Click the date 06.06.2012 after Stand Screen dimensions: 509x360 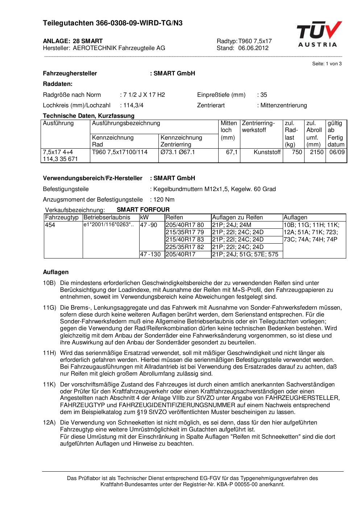tap(253, 48)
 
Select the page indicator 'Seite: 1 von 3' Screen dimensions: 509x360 tap(327, 64)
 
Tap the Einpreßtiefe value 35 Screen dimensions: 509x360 tap(264, 95)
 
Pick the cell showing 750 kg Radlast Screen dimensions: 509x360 tap(297, 152)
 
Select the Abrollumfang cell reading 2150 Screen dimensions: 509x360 tap(316, 152)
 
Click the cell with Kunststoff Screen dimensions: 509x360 tap(267, 152)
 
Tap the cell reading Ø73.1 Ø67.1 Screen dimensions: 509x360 tap(178, 152)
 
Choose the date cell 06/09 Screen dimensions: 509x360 tap(337, 152)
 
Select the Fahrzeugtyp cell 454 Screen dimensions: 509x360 tap(50, 225)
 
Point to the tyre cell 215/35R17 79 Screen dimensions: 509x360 tap(185, 232)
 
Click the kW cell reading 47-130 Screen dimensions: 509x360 tap(150, 255)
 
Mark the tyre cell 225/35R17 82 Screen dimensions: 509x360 tap(185, 247)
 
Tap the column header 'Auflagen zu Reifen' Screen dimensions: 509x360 tap(237, 218)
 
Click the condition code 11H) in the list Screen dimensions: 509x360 tap(49, 353)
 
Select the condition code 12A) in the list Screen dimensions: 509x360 tap(49, 423)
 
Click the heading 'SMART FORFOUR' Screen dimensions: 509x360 tap(143, 210)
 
